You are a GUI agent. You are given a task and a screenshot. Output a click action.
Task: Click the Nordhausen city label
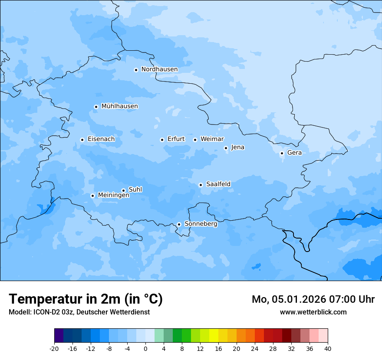click(x=159, y=69)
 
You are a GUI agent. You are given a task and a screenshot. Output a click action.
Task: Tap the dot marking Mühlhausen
click(x=96, y=107)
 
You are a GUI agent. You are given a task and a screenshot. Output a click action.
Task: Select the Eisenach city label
click(x=101, y=139)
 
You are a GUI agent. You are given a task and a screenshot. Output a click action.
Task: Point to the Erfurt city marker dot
click(x=162, y=140)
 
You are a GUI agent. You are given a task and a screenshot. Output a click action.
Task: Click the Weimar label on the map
click(x=212, y=139)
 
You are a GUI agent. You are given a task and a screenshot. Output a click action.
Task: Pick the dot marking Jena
click(x=226, y=148)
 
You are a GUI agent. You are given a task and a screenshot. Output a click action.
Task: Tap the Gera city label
click(x=294, y=153)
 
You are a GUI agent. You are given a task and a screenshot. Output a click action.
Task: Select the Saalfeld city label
click(x=218, y=184)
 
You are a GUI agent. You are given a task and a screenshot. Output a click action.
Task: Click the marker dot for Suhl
click(x=123, y=190)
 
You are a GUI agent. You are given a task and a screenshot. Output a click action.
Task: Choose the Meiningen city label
click(x=113, y=195)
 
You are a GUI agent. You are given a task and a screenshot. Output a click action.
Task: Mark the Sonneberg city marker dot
click(x=179, y=224)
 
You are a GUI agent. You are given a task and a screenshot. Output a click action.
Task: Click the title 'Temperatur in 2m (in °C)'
click(x=86, y=299)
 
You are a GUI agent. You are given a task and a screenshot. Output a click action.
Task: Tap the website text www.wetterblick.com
click(x=313, y=312)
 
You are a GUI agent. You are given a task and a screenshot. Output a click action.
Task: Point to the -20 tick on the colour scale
click(x=54, y=348)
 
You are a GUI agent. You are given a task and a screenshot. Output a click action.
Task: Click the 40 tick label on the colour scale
click(x=328, y=348)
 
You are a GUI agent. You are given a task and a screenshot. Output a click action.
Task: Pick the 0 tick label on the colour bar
click(x=145, y=348)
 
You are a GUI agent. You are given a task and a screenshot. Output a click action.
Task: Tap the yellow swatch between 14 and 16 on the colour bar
click(x=214, y=336)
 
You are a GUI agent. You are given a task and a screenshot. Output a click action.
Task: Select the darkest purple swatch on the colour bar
click(x=59, y=336)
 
